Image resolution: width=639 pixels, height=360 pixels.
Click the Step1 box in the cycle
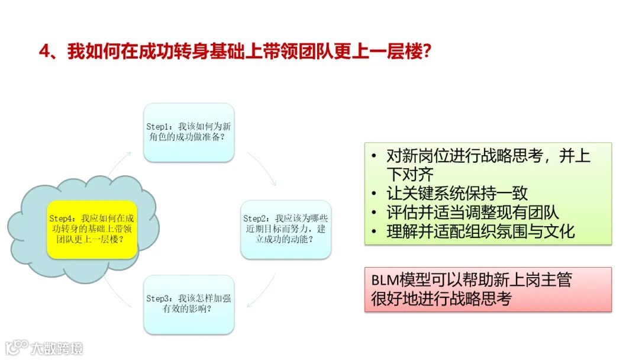click(189, 133)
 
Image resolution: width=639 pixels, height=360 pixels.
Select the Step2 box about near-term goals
click(286, 229)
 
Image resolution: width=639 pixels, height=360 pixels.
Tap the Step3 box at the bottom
click(189, 304)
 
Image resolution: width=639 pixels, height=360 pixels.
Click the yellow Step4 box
click(92, 229)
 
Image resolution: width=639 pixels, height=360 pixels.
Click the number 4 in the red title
click(44, 52)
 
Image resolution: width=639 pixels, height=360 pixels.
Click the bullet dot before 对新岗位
click(374, 156)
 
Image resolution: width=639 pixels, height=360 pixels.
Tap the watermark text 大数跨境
click(57, 348)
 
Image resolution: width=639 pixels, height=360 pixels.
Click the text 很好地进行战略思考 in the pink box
click(441, 299)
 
